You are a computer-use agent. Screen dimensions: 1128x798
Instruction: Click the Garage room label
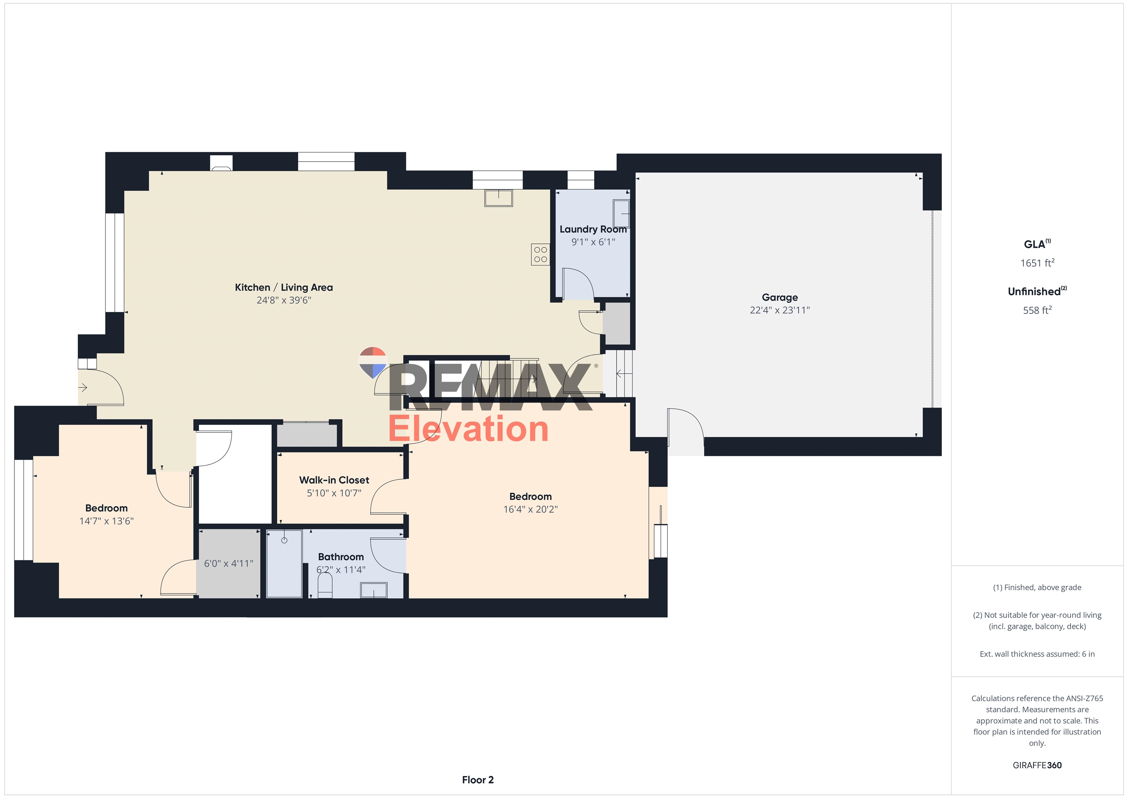click(780, 298)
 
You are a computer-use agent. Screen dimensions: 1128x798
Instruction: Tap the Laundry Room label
click(593, 229)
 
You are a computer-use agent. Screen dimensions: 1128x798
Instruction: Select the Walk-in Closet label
click(334, 480)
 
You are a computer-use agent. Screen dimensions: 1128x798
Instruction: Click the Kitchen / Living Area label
click(284, 288)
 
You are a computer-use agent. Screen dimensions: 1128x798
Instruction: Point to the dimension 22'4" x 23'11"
click(780, 310)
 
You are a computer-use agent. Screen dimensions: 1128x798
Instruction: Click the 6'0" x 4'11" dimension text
click(228, 564)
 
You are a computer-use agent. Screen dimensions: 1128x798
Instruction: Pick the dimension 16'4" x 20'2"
click(531, 509)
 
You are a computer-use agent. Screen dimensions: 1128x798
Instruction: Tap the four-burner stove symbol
click(540, 255)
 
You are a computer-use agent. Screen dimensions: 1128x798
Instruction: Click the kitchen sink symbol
click(499, 198)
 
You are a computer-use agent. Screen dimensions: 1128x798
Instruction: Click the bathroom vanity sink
click(374, 590)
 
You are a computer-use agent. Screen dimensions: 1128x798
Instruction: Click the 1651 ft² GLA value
click(1037, 263)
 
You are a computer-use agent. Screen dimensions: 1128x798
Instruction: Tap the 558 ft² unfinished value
click(1037, 310)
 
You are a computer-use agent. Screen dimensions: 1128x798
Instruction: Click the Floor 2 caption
click(478, 780)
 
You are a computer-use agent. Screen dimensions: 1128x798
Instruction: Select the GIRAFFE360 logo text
click(1037, 765)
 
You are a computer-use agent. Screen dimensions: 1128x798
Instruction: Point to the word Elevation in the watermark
click(468, 429)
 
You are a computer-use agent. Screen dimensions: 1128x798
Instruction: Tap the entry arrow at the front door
click(83, 388)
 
